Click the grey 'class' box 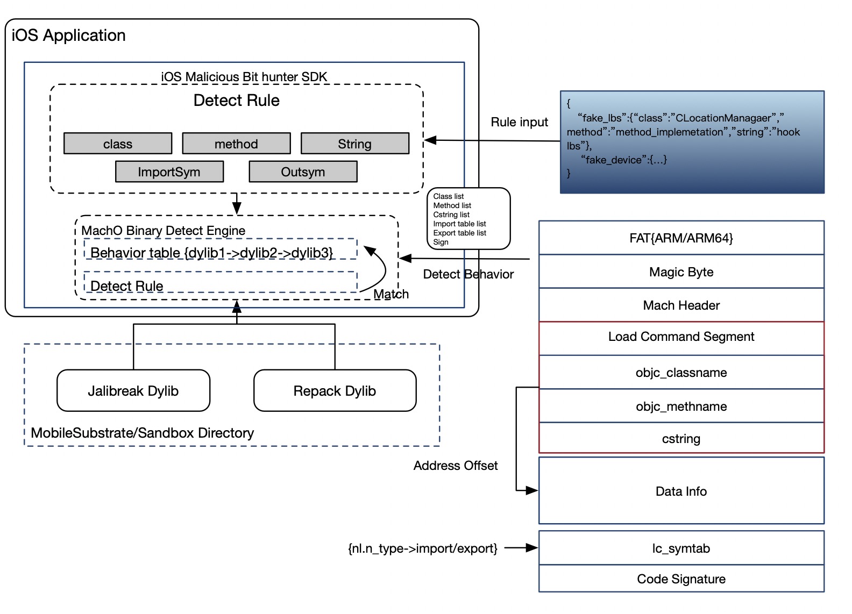pyautogui.click(x=118, y=144)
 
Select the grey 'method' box pyautogui.click(x=236, y=144)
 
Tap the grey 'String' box pyautogui.click(x=355, y=144)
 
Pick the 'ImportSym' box pyautogui.click(x=169, y=172)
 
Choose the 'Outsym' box pyautogui.click(x=303, y=172)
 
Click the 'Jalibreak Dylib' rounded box pyautogui.click(x=133, y=390)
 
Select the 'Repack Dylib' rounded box pyautogui.click(x=335, y=390)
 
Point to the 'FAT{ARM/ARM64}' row pyautogui.click(x=681, y=238)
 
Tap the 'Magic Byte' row pyautogui.click(x=681, y=272)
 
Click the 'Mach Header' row pyautogui.click(x=681, y=305)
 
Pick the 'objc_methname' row pyautogui.click(x=681, y=405)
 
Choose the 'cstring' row pyautogui.click(x=681, y=438)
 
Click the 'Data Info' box pyautogui.click(x=681, y=491)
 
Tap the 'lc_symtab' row pyautogui.click(x=681, y=548)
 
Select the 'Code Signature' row pyautogui.click(x=681, y=579)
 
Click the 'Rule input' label pyautogui.click(x=519, y=122)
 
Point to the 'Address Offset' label pyautogui.click(x=456, y=466)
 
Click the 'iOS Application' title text pyautogui.click(x=68, y=35)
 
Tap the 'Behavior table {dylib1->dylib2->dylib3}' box pyautogui.click(x=220, y=249)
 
